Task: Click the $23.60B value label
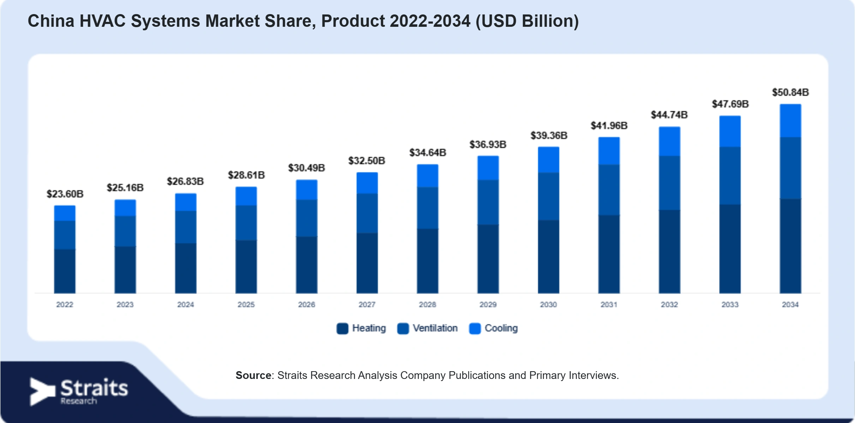click(65, 194)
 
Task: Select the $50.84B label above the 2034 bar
click(790, 92)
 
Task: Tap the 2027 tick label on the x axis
click(367, 305)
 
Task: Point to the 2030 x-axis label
click(548, 305)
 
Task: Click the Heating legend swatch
click(342, 329)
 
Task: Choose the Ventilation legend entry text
click(435, 328)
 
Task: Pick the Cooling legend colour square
click(475, 329)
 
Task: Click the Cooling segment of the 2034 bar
click(790, 121)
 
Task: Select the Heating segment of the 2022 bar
click(65, 271)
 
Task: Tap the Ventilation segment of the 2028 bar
click(427, 208)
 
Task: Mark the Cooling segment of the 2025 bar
click(246, 196)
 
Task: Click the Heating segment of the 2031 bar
click(609, 254)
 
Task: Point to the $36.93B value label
click(488, 145)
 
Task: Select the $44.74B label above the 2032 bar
click(669, 115)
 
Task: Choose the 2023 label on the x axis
click(125, 305)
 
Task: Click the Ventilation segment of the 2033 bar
click(730, 176)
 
